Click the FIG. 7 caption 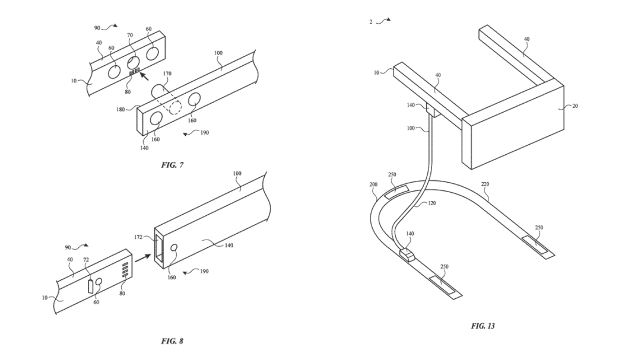172,165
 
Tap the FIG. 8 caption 172,341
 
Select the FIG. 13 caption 483,326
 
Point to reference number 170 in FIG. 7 167,74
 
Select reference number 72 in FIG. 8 87,260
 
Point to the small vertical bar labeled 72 90,286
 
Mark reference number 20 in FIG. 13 575,106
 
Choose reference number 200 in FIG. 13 373,184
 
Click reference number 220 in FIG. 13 485,184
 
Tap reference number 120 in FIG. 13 431,203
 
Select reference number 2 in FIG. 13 371,22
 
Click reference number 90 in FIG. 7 97,28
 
